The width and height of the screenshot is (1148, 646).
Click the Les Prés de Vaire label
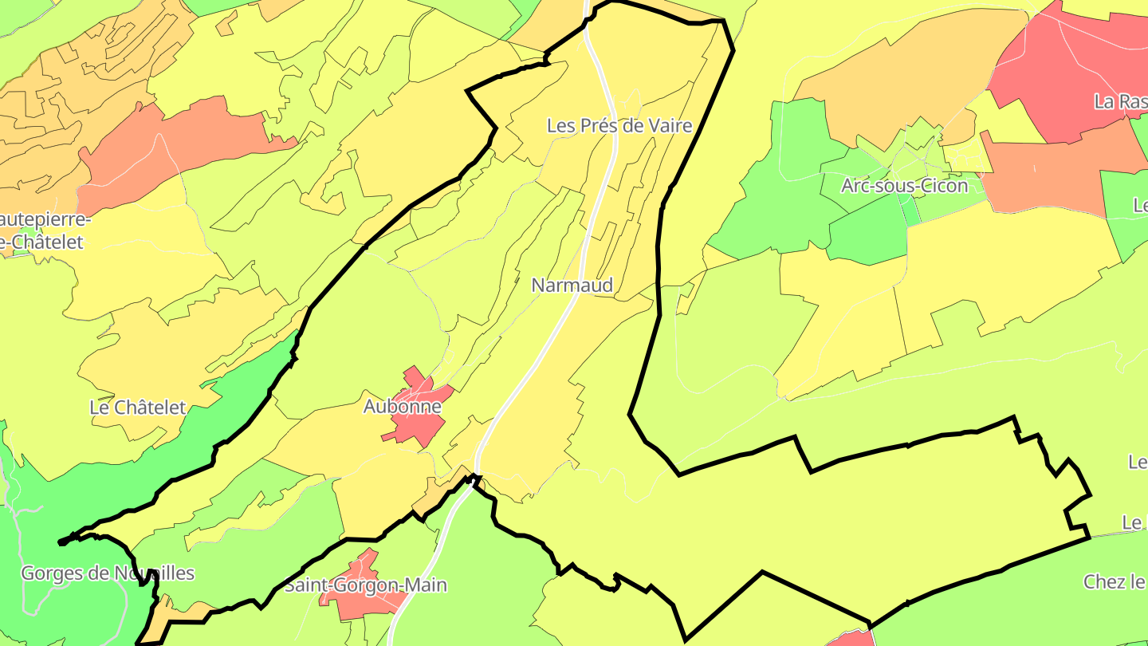click(619, 125)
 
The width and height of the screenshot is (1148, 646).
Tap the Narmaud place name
click(572, 285)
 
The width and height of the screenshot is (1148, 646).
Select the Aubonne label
click(402, 406)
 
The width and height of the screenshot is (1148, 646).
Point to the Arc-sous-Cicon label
click(904, 186)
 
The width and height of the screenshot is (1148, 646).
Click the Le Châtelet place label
click(137, 407)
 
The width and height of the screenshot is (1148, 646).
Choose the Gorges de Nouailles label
click(107, 573)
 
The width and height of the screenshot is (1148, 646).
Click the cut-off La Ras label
click(1119, 101)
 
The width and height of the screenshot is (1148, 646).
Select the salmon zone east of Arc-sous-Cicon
click(1052, 171)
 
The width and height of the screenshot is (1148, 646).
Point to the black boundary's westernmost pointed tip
click(61, 542)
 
